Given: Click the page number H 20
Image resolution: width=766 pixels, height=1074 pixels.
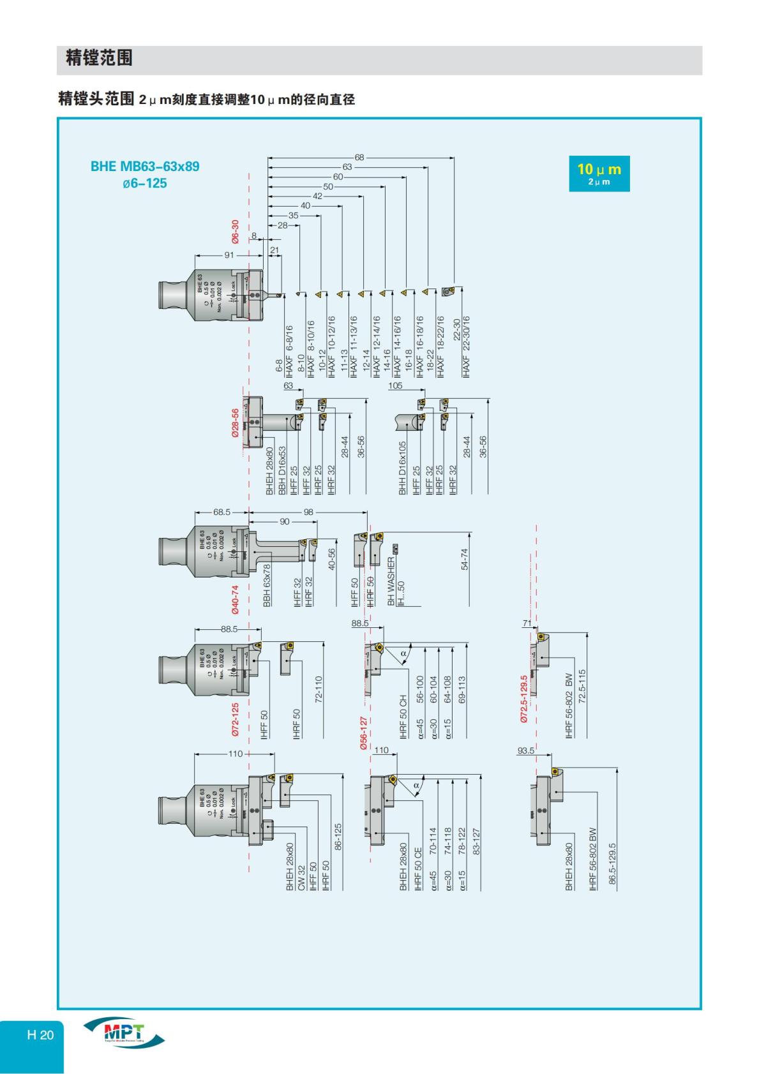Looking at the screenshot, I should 40,1034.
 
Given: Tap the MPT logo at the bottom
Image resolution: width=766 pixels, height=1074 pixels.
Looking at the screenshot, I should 124,1034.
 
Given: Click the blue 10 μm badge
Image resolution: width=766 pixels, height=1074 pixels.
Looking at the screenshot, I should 599,174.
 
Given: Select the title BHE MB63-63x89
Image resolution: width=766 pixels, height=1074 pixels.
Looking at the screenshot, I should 145,167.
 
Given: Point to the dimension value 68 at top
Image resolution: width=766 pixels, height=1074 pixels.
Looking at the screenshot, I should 359,158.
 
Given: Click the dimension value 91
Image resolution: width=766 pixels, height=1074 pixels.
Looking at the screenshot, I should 229,255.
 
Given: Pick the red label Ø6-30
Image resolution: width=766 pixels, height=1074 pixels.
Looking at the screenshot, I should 235,232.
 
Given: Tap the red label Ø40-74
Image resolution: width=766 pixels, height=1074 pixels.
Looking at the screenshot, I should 235,599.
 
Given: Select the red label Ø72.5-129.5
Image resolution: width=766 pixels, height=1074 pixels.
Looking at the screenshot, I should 524,698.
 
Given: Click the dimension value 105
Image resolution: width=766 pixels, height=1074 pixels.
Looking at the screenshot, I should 395,385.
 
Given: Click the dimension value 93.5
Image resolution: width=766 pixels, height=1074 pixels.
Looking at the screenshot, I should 525,750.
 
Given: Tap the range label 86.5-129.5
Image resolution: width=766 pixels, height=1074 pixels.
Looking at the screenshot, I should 612,863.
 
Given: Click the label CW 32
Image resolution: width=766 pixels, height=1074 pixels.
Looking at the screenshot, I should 301,878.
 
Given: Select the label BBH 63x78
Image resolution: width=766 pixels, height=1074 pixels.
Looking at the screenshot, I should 267,585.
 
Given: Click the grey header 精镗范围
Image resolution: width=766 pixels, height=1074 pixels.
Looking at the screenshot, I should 99,59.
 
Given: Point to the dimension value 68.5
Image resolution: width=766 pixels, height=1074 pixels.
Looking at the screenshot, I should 222,512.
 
